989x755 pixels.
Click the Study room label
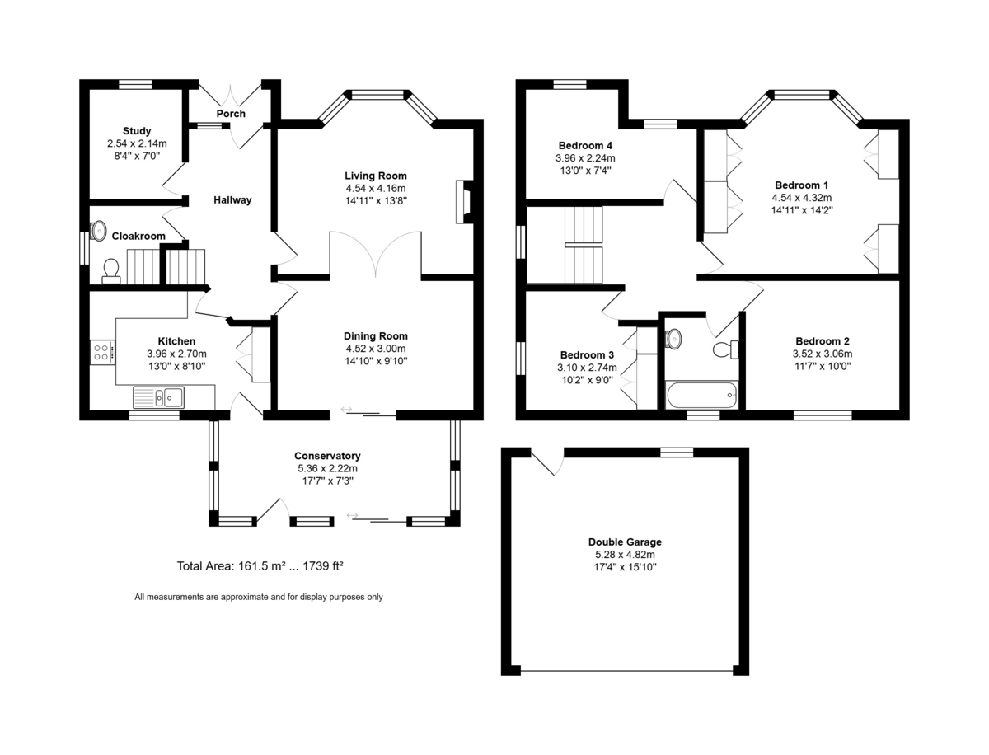coord(137,131)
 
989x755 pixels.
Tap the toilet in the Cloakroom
coord(110,271)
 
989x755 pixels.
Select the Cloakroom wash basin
coord(98,231)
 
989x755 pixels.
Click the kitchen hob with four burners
coord(102,352)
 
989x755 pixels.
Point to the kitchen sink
coord(158,397)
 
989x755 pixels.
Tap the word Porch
coord(231,114)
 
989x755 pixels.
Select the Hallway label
coord(232,200)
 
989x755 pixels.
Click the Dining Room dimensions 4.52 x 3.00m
coord(376,349)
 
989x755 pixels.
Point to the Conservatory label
coord(327,456)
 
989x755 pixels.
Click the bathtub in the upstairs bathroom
coord(701,395)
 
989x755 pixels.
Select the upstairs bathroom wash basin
coord(673,338)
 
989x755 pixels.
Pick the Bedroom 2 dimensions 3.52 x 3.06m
coord(823,354)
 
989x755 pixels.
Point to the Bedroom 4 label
coord(585,146)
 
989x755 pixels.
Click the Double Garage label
coord(625,542)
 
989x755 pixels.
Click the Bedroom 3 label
coord(587,355)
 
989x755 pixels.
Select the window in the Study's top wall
coord(136,84)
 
